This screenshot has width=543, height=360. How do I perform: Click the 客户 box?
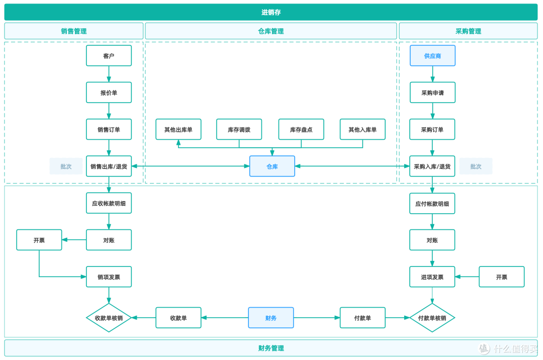(109, 55)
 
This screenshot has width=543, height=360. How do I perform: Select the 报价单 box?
(109, 93)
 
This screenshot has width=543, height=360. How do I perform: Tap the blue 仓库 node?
(272, 166)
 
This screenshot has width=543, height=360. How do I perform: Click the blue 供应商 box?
(432, 55)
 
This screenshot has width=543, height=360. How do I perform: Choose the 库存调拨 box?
(239, 129)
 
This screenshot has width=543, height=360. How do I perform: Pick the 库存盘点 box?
(301, 129)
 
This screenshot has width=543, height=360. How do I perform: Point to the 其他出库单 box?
(178, 129)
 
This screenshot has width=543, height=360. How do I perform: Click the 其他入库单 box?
(363, 129)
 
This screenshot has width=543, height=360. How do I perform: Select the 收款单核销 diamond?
(109, 318)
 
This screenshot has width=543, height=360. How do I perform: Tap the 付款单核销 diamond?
(432, 318)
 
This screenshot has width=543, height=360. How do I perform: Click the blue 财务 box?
(271, 318)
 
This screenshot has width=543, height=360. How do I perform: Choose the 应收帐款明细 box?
(109, 203)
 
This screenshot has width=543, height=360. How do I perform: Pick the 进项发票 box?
(432, 277)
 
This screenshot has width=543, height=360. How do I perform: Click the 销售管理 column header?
(74, 31)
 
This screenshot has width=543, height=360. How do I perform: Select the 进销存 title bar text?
(271, 13)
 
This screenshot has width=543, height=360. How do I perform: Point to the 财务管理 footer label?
(271, 348)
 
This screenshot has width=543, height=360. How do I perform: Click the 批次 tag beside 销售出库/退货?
(66, 166)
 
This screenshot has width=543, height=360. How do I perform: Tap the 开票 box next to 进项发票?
(501, 277)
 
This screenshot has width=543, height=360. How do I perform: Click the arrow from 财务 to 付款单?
(317, 318)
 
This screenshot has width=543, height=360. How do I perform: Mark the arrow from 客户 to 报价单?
(109, 74)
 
